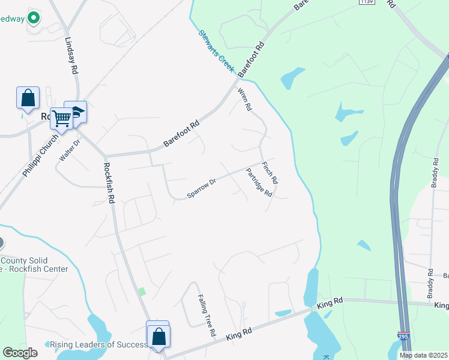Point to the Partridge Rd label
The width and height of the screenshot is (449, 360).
coord(259,182)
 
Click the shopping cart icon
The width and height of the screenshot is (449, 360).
coord(61,118)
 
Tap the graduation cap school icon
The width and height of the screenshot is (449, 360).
coord(76,112)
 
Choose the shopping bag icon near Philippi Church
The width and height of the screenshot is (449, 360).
coord(28,97)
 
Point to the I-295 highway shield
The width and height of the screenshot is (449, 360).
coord(403,337)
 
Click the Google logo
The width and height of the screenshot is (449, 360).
coord(20,353)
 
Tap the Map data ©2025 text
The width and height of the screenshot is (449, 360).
coord(423,355)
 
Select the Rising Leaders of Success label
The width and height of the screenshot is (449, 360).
coord(98,344)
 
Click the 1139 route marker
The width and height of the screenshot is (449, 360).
coord(367,2)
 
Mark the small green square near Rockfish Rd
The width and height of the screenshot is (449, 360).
coord(142,292)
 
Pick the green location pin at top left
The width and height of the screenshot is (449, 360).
coord(34,19)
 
